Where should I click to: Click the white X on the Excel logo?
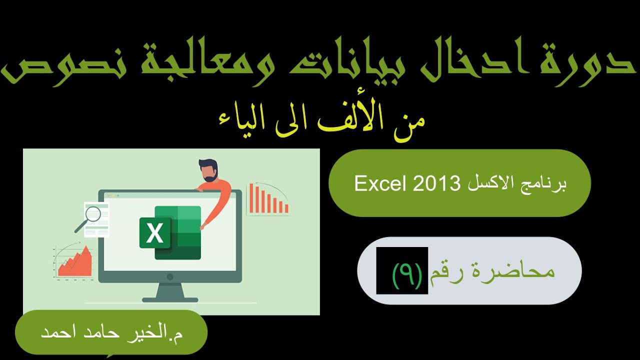pos(154,233)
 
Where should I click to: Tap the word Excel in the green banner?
pos(379,184)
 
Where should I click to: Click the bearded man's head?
pos(208,170)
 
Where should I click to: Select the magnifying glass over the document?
pos(91,216)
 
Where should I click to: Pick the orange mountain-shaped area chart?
pos(76,263)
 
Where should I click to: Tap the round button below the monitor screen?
pos(170,276)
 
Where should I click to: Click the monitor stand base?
pos(170,299)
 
